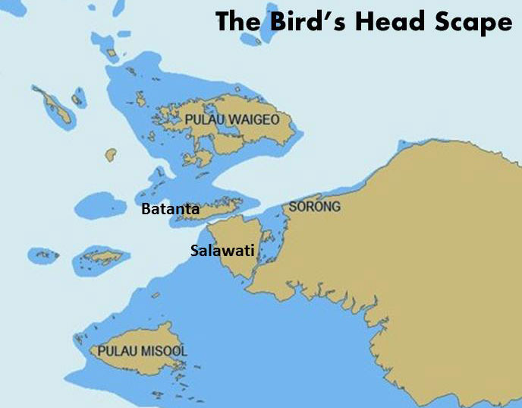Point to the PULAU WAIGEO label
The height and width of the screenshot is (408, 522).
[233, 120]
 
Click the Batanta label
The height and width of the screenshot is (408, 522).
[171, 208]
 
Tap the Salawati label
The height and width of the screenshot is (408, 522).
[222, 250]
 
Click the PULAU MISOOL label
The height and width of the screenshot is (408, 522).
[142, 351]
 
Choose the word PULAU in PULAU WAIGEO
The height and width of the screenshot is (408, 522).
[203, 120]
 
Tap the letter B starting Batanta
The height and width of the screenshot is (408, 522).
[146, 208]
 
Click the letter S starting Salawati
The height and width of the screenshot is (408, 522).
[194, 250]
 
